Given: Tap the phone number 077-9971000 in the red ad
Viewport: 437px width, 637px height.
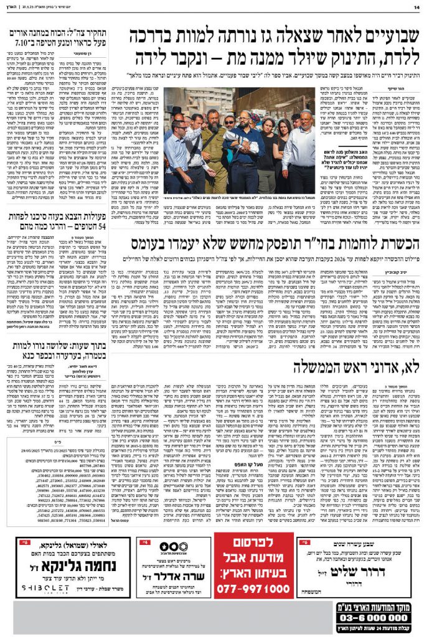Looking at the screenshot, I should point(253,588).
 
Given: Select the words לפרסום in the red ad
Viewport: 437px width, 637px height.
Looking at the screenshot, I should point(254,544).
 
